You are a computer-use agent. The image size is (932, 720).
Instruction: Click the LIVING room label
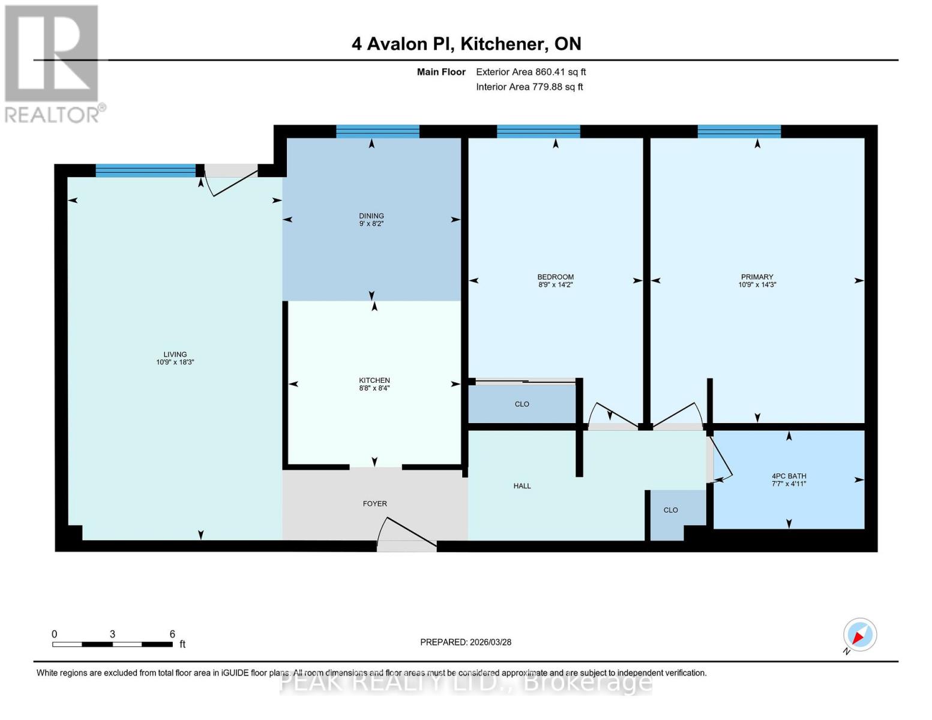pyautogui.click(x=175, y=355)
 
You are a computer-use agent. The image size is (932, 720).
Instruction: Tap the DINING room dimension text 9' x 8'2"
pyautogui.click(x=371, y=224)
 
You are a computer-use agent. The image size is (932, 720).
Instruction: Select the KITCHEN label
pyautogui.click(x=374, y=380)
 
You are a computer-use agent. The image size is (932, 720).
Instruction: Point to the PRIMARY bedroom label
pyautogui.click(x=757, y=277)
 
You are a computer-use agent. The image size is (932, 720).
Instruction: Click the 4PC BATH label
pyautogui.click(x=789, y=476)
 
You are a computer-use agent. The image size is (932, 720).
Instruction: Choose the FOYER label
pyautogui.click(x=374, y=504)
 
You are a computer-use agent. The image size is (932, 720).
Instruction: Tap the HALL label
pyautogui.click(x=522, y=486)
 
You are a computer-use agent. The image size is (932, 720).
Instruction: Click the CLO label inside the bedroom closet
pyautogui.click(x=522, y=404)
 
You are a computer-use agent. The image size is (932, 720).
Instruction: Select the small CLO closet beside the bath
pyautogui.click(x=670, y=511)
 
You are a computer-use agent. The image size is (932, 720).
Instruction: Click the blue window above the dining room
pyautogui.click(x=377, y=131)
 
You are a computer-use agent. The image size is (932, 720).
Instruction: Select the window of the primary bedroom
pyautogui.click(x=739, y=131)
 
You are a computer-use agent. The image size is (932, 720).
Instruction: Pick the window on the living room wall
pyautogui.click(x=146, y=170)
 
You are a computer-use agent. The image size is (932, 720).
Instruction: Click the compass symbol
pyautogui.click(x=859, y=635)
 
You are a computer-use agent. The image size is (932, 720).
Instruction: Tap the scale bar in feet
pyautogui.click(x=112, y=644)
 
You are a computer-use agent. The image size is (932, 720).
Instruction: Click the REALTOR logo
pyautogui.click(x=53, y=63)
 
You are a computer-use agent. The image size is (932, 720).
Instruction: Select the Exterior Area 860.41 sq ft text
pyautogui.click(x=531, y=72)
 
